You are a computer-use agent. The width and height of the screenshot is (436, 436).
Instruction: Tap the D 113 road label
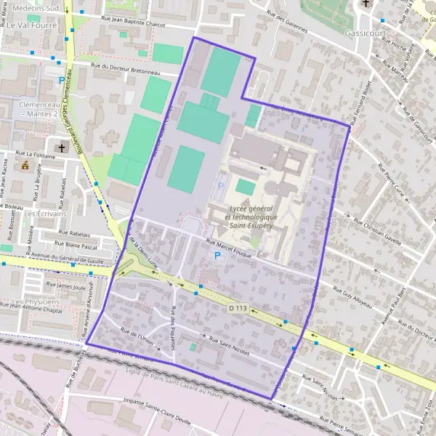(x=238, y=309)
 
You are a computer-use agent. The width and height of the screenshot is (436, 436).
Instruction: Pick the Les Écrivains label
(x=46, y=214)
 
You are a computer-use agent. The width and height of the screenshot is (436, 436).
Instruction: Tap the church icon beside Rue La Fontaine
(x=62, y=148)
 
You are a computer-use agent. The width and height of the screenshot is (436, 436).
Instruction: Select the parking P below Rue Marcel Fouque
(x=217, y=257)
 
